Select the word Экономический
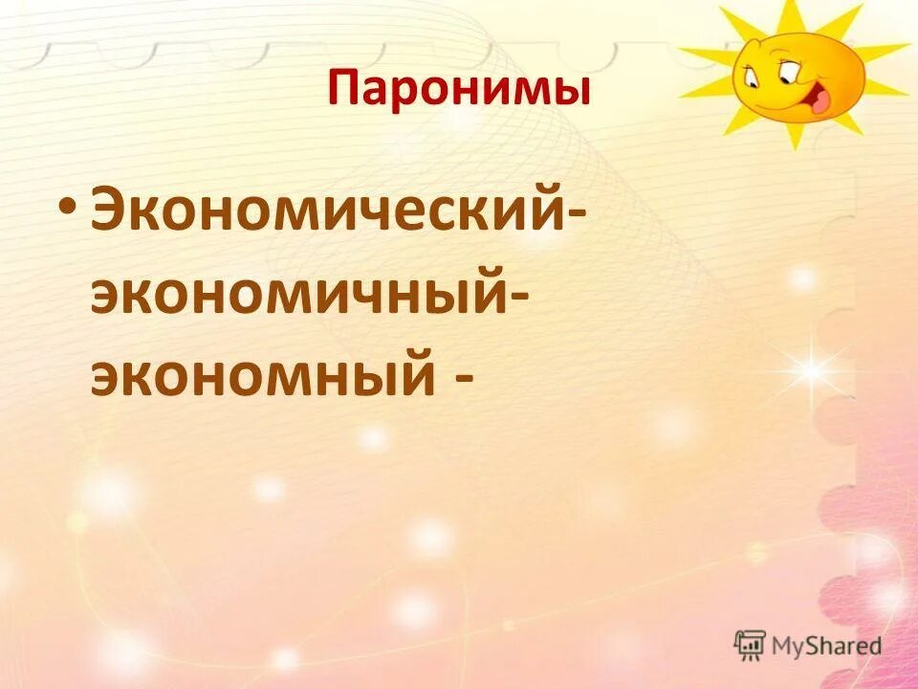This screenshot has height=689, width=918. (331, 218)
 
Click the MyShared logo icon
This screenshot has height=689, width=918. (751, 644)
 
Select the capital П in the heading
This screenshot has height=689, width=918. (343, 90)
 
